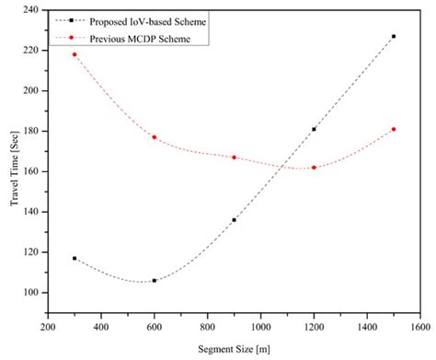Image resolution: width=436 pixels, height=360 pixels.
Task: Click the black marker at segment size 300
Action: (75, 258)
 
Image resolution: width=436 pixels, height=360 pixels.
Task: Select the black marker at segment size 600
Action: (155, 280)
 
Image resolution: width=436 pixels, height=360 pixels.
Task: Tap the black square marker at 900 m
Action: (234, 220)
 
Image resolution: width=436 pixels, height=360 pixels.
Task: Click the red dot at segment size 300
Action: (75, 54)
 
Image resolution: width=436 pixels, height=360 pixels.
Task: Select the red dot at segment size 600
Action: (155, 137)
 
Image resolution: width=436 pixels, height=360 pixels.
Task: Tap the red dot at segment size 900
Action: (234, 157)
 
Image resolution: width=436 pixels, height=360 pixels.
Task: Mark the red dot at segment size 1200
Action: (314, 168)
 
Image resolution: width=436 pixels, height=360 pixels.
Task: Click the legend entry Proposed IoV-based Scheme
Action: (139, 19)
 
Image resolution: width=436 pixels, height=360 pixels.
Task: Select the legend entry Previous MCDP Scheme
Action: (134, 39)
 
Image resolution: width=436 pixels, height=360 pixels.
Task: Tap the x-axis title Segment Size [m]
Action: (234, 348)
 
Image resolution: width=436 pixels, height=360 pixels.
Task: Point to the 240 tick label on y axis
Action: (32, 9)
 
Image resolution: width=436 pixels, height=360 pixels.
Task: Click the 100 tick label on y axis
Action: (32, 293)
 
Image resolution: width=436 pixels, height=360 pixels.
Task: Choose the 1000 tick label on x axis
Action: (260, 326)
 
